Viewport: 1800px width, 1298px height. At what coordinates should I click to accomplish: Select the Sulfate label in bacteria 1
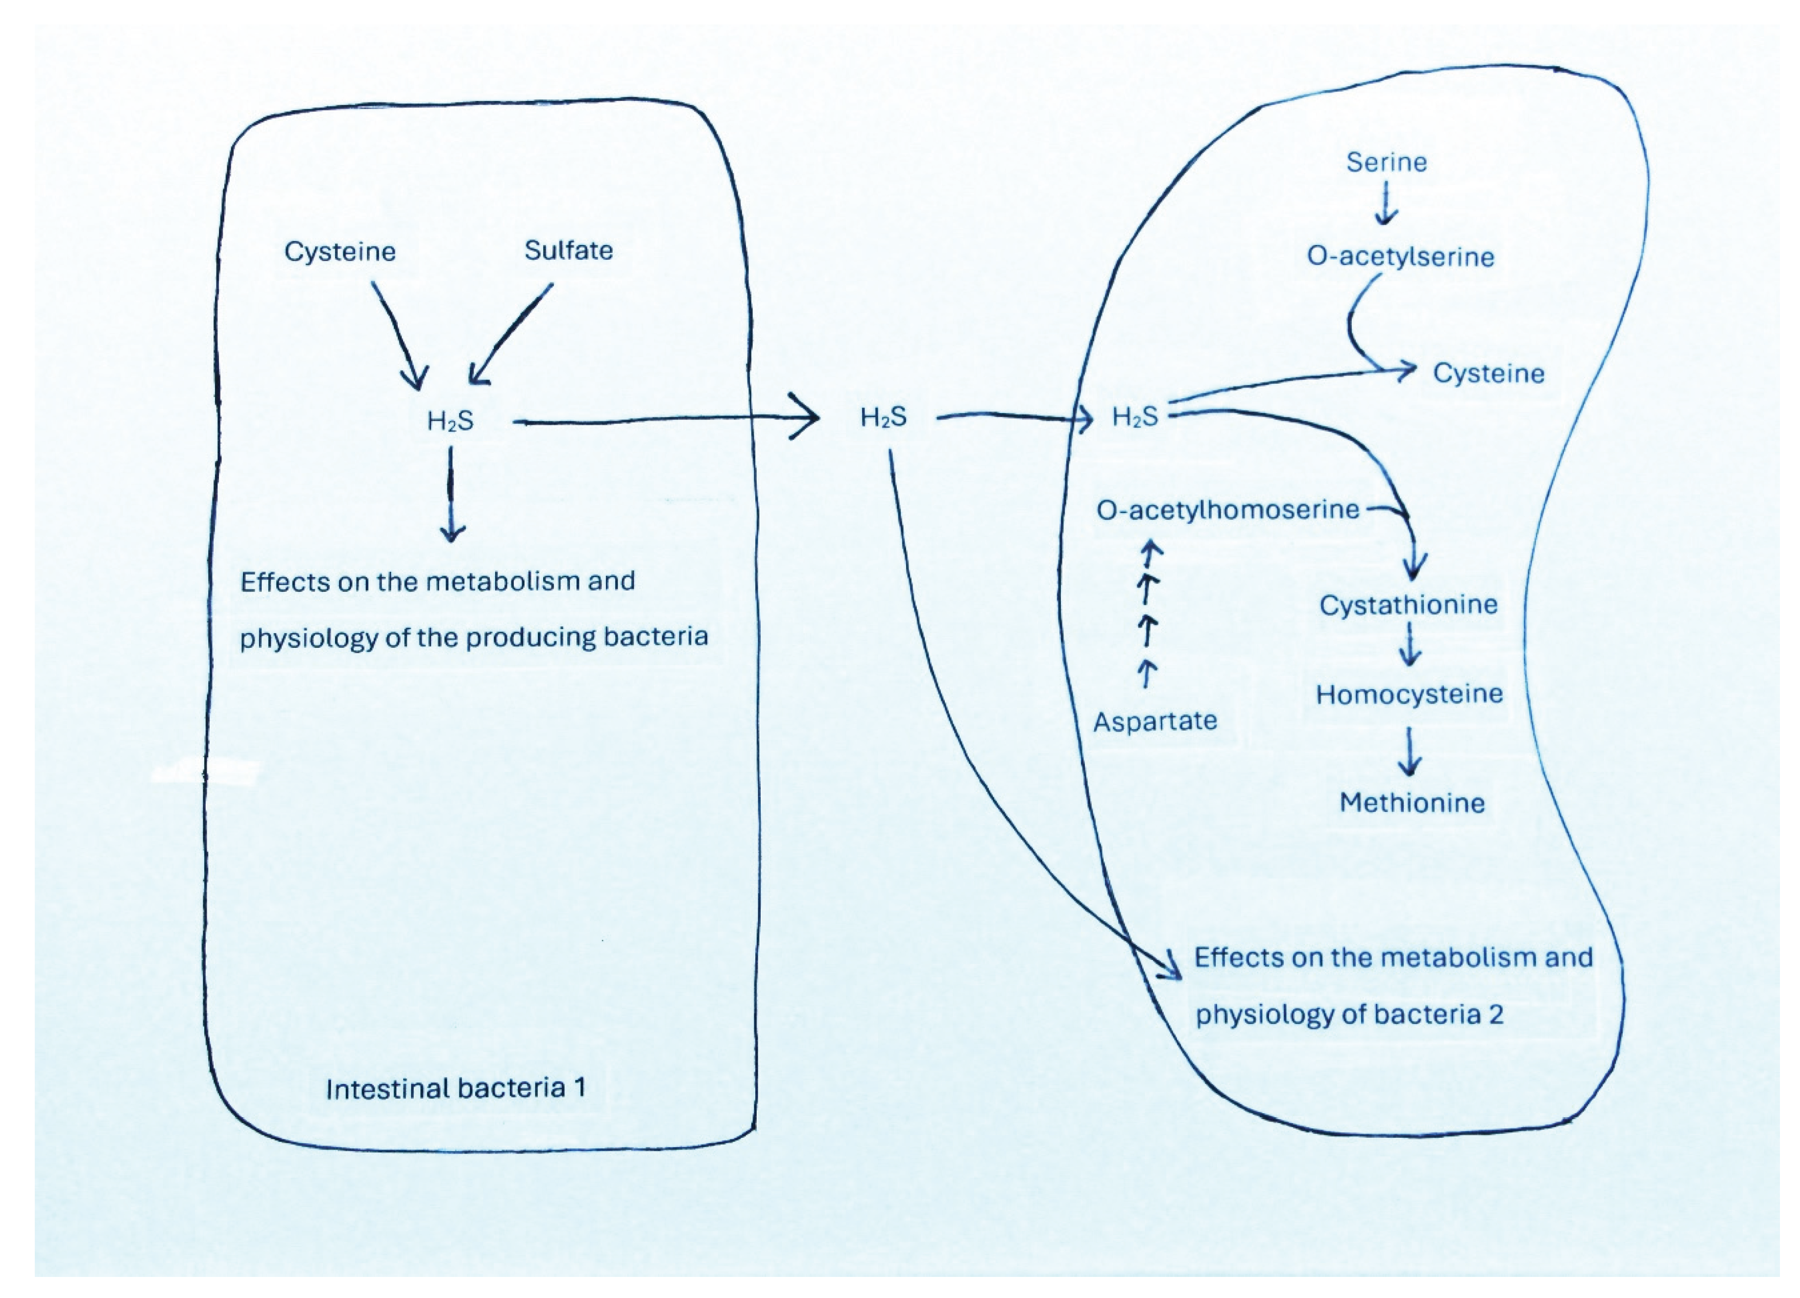568,251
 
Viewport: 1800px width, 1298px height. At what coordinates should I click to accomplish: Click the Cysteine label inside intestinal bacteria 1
340,252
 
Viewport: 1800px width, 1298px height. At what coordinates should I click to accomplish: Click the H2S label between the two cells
883,417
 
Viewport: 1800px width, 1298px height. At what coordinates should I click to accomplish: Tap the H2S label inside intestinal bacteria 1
450,421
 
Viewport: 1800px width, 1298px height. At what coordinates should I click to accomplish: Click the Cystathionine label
1408,606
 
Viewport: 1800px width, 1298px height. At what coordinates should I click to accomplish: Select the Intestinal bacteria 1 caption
456,1088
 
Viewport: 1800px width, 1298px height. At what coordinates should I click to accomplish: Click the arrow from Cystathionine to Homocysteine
1410,645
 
